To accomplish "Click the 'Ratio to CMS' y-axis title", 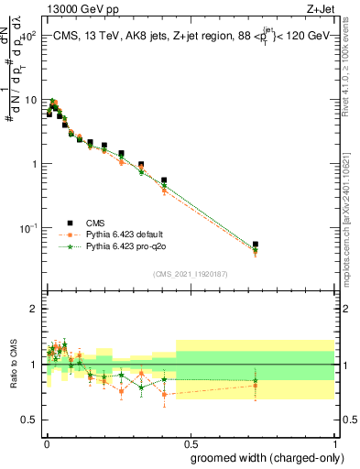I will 14,364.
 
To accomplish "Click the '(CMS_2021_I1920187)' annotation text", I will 191,273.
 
